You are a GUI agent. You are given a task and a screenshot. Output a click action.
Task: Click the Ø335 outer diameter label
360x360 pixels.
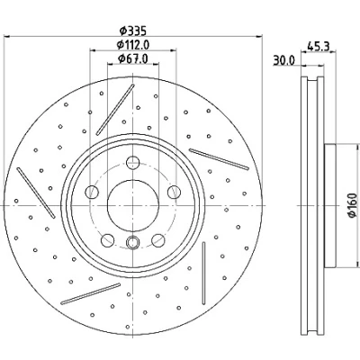pyautogui.click(x=132, y=30)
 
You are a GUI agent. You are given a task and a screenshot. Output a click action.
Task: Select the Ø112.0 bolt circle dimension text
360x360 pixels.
pyautogui.click(x=133, y=45)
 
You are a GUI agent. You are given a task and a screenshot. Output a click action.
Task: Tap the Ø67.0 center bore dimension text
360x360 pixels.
pyautogui.click(x=133, y=58)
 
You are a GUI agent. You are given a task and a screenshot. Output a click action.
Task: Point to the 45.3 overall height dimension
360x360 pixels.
pyautogui.click(x=319, y=47)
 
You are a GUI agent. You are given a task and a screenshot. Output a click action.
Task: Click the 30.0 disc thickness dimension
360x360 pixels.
pyautogui.click(x=283, y=60)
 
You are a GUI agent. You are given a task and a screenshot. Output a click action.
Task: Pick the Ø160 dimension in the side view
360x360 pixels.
pyautogui.click(x=353, y=205)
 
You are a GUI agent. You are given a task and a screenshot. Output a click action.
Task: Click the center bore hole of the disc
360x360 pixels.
pyautogui.click(x=133, y=205)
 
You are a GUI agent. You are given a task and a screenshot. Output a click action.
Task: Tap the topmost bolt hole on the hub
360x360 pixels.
pyautogui.click(x=133, y=163)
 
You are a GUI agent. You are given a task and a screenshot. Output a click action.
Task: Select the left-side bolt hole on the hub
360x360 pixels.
pyautogui.click(x=92, y=192)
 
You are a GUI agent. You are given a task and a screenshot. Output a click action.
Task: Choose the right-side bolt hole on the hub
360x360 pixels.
pyautogui.click(x=174, y=192)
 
